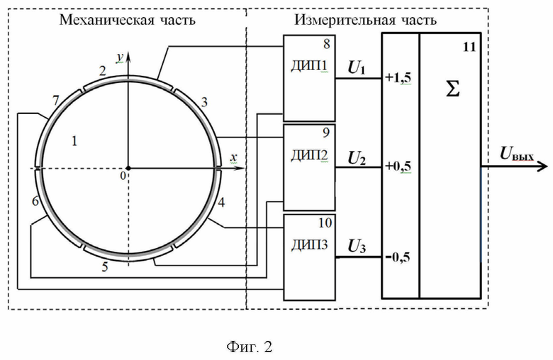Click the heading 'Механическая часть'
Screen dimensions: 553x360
click(x=128, y=20)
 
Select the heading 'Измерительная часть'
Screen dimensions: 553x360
click(x=365, y=20)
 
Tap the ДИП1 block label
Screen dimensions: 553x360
click(x=309, y=66)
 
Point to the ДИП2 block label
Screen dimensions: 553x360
click(x=309, y=155)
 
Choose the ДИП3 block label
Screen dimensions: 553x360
click(x=309, y=244)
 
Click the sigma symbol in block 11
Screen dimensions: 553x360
click(x=452, y=89)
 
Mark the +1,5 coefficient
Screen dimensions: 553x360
click(x=398, y=77)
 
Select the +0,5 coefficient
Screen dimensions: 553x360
click(x=398, y=166)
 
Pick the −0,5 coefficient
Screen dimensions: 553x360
click(x=398, y=257)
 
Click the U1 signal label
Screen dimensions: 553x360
click(x=356, y=67)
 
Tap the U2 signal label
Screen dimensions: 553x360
click(x=357, y=158)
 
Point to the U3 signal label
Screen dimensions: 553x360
click(x=357, y=246)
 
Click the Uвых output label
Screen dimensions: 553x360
click(x=517, y=154)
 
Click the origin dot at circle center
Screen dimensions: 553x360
click(x=128, y=168)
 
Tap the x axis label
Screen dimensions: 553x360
click(x=233, y=157)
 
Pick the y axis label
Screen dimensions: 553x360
click(x=121, y=57)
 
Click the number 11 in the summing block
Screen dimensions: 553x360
click(x=469, y=47)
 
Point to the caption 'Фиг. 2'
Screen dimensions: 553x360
click(x=250, y=347)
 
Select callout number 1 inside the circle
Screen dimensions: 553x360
click(x=74, y=141)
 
